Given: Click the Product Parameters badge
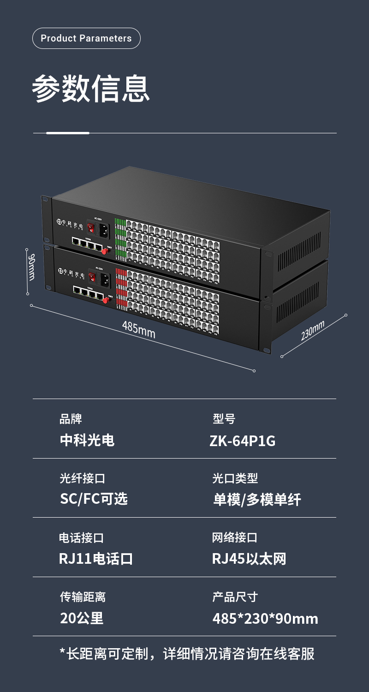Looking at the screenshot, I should (86, 38).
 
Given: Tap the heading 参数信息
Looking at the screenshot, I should (91, 88).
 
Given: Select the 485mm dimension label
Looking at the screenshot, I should (138, 329).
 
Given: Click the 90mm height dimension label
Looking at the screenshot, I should (31, 266).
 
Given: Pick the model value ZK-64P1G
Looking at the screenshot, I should (242, 441).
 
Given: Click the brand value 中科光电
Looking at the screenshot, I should (87, 440).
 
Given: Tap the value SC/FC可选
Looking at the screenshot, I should (94, 499).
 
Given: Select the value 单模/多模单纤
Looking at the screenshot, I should (256, 500).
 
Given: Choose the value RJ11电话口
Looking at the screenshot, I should (96, 559).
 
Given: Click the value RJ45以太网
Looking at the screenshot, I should (249, 559).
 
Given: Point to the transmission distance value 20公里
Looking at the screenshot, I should (82, 618).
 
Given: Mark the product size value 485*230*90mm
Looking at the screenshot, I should (265, 618).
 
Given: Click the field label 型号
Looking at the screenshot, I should (224, 419).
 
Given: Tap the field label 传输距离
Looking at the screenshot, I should (83, 597).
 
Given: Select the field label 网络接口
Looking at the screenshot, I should (234, 537).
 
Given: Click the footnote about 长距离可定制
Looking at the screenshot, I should (187, 654).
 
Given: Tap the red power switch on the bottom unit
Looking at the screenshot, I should (92, 277).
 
